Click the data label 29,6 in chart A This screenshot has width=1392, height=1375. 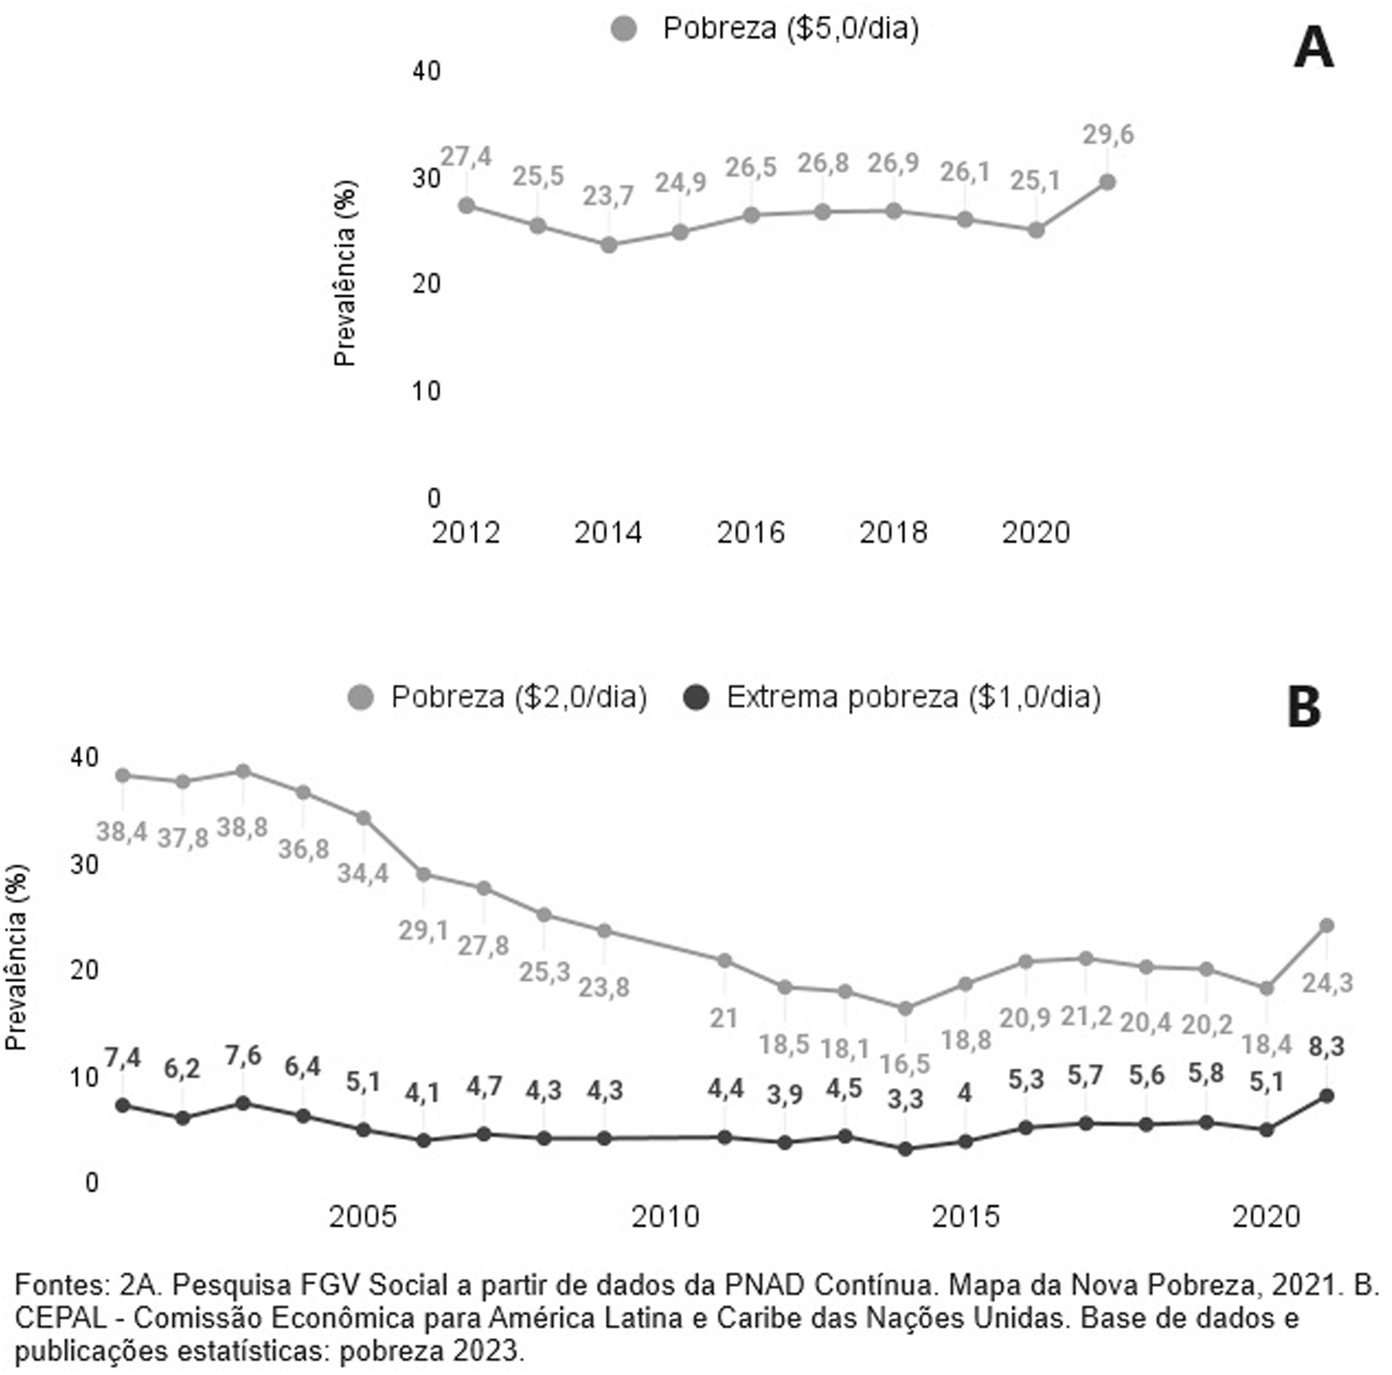1108,135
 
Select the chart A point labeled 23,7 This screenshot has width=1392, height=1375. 609,245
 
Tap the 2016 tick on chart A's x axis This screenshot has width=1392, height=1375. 750,532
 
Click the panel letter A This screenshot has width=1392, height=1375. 1313,49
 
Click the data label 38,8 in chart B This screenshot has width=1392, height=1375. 242,828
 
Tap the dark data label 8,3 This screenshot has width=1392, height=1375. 1326,1046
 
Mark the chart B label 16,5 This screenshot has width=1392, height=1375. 905,1063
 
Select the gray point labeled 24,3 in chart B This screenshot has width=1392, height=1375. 1326,926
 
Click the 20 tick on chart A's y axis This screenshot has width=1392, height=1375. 427,284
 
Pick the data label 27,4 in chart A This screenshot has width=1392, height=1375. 465,156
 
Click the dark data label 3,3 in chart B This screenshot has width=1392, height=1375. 905,1099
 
